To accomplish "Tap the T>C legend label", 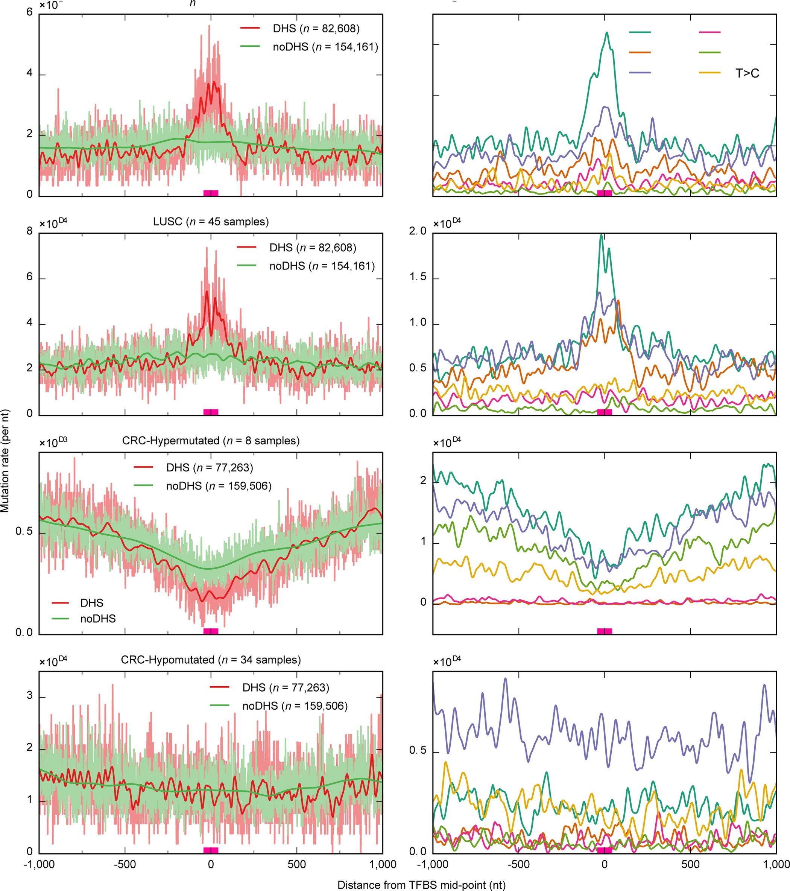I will (x=747, y=73).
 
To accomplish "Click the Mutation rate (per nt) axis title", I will (x=5, y=461).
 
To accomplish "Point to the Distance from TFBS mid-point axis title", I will (x=421, y=885).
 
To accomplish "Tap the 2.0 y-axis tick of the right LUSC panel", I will (x=418, y=231).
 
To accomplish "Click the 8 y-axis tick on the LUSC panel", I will (x=30, y=231).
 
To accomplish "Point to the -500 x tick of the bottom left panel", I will (x=125, y=864).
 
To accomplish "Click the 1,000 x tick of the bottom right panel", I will (x=776, y=864).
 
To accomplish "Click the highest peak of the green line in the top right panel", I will (x=606, y=33).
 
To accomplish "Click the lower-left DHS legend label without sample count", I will (x=91, y=603).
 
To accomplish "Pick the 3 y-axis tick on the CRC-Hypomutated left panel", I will (x=30, y=695).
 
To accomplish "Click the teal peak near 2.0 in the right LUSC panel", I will (x=602, y=236).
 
